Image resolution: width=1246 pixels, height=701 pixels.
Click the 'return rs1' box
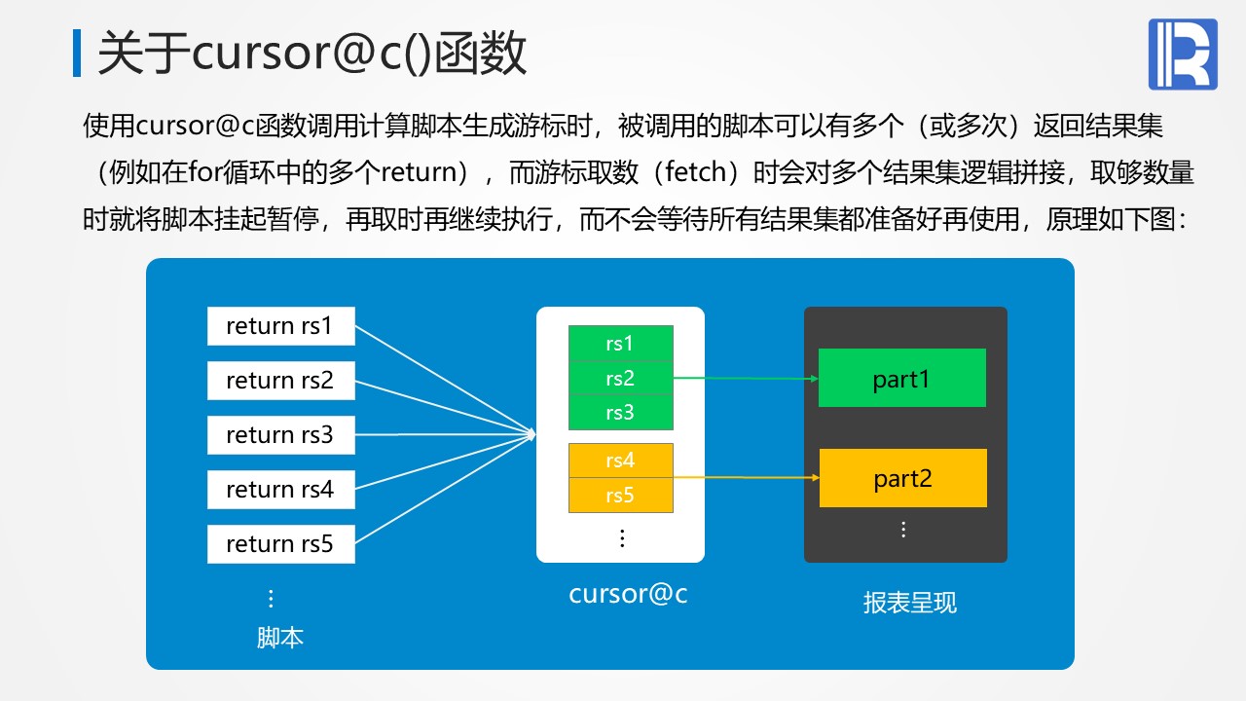coord(280,326)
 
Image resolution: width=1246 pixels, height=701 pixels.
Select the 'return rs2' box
coord(280,381)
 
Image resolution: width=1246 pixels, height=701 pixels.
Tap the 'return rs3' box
coord(280,435)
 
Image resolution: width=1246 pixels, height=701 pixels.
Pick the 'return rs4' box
coord(280,490)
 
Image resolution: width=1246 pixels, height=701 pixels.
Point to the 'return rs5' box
coord(280,544)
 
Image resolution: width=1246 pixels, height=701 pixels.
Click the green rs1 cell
coord(620,343)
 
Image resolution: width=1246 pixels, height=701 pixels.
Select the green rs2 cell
coord(620,378)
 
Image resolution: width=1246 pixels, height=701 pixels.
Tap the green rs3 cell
coord(620,412)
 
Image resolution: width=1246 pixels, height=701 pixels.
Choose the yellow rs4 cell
coord(620,461)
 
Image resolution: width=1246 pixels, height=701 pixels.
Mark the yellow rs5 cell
coord(620,496)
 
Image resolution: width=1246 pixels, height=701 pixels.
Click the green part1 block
coord(901,378)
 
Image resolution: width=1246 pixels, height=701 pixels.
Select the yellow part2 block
coord(902,478)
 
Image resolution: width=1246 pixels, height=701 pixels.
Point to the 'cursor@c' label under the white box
coord(628,594)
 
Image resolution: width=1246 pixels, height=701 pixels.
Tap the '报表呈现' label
coord(909,603)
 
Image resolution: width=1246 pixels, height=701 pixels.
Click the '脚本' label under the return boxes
coord(280,638)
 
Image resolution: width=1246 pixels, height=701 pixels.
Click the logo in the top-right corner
coord(1183,55)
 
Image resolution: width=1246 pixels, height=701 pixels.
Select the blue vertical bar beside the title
coord(77,54)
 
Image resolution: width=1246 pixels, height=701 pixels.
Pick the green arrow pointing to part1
coord(746,378)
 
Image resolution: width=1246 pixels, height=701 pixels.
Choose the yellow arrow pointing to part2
coord(746,477)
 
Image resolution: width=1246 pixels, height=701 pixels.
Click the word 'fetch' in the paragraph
coord(693,172)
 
